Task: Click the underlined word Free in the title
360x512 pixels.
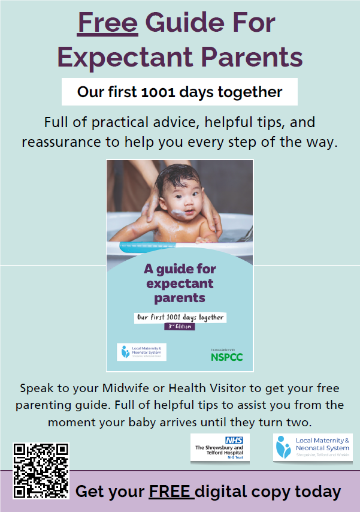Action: click(x=108, y=24)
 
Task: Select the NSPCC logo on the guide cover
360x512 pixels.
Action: click(x=226, y=357)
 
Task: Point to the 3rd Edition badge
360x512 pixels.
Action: click(x=180, y=327)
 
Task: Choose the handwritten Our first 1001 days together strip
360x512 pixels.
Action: click(x=180, y=317)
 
